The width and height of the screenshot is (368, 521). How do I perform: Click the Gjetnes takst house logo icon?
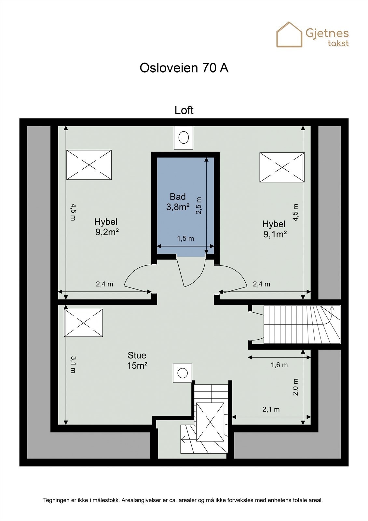289,35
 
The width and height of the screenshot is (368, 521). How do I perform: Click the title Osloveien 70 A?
184,68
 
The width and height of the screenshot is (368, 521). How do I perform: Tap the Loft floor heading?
184,110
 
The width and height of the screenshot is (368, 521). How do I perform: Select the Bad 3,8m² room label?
178,202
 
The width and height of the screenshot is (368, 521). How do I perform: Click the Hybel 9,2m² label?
106,227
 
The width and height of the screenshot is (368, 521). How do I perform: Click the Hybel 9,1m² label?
274,229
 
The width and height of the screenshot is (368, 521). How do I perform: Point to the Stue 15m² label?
137,360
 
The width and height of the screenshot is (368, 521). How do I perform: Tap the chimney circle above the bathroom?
184,137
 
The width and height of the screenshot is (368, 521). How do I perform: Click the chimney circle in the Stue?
183,373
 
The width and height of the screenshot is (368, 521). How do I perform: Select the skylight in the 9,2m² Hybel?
89,165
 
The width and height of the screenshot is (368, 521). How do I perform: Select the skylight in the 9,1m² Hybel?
282,167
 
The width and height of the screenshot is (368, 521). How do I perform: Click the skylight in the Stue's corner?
84,323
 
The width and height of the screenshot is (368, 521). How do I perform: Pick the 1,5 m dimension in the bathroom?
185,239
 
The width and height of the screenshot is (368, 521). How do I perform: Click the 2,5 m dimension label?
199,205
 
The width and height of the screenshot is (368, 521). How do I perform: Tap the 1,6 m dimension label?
279,365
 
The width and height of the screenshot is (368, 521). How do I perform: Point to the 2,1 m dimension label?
271,410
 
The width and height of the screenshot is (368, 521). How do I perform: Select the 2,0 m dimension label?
295,387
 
